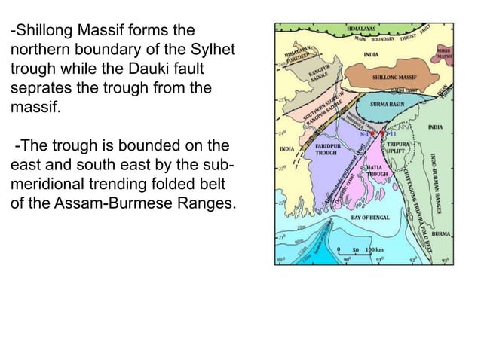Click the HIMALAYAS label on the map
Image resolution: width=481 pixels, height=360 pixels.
pyautogui.click(x=363, y=27)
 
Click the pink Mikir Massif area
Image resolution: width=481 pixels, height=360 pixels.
pyautogui.click(x=445, y=54)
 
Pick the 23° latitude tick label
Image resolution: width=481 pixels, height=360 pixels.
pyautogui.click(x=280, y=169)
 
